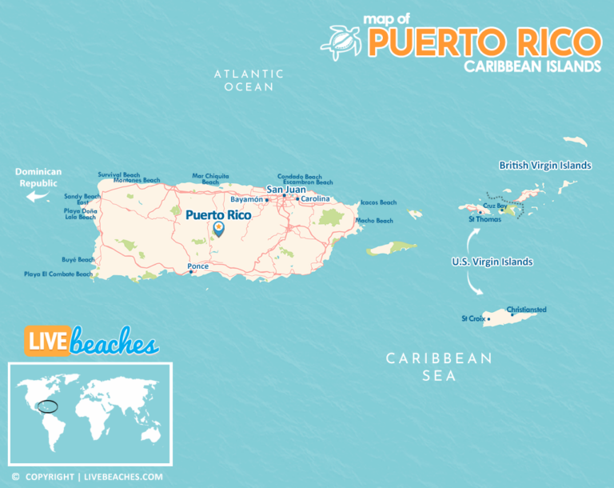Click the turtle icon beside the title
pos(341,42)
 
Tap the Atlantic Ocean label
pos(249,80)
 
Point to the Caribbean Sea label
pos(440,366)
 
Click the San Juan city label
pos(285,190)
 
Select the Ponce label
pos(197,266)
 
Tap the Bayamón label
pos(246,199)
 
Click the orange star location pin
pos(219,230)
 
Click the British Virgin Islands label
pos(544,166)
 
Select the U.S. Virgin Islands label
pos(492,262)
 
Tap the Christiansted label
pos(526,309)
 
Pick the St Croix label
pos(473,318)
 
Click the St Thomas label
pos(484,218)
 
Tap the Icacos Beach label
pos(378,202)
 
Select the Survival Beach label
pos(119,174)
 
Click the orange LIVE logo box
pos(46,340)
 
